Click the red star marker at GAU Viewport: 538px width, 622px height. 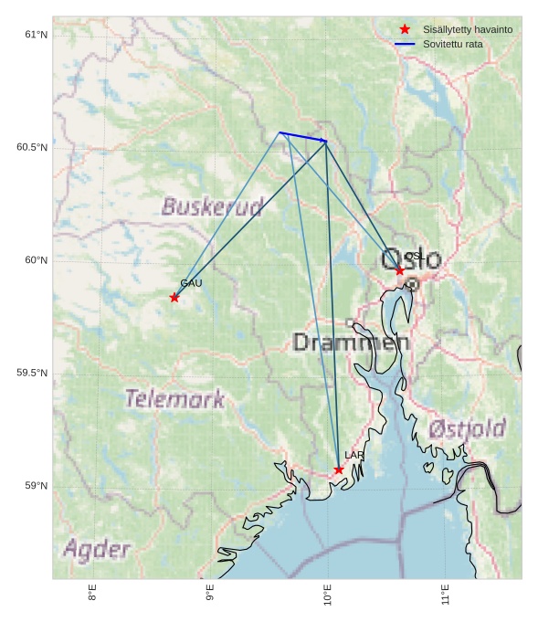pos(174,297)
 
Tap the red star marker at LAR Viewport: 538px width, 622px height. pos(339,469)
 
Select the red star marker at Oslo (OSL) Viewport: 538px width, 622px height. pos(400,270)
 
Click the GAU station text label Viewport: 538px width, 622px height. pos(191,283)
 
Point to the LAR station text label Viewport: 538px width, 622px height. pos(353,455)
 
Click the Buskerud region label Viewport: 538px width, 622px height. pos(213,206)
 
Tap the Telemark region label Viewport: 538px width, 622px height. pos(174,398)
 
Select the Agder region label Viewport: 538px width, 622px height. pos(97,549)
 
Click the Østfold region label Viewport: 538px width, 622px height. pos(467,428)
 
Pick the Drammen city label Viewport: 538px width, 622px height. pos(352,343)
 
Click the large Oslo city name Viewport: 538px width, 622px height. pos(411,259)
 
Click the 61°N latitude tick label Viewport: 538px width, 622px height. pos(36,35)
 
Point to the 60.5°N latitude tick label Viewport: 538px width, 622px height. pos(32,147)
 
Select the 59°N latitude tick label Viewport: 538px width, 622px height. pos(36,486)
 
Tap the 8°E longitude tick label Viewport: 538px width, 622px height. pos(92,594)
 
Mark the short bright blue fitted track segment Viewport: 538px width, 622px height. pos(303,137)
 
